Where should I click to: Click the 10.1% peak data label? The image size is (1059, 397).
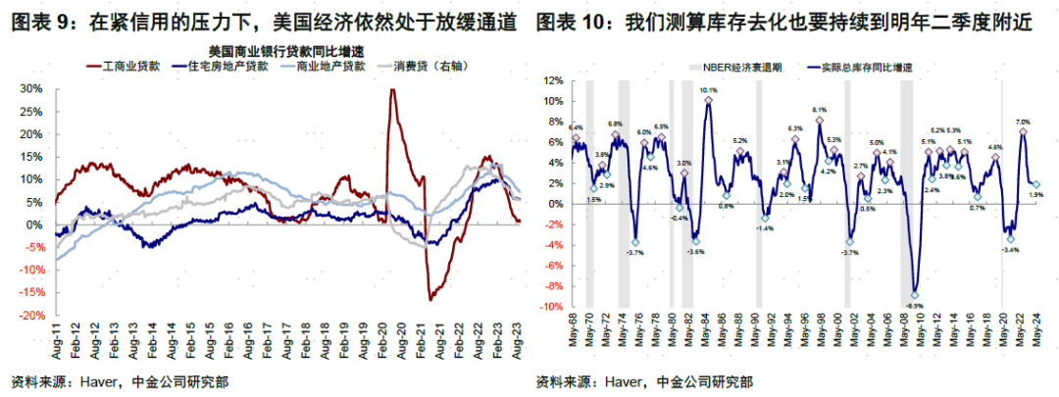click(x=709, y=90)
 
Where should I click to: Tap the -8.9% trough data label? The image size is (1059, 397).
click(x=914, y=305)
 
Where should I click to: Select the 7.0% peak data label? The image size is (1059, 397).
click(x=1023, y=122)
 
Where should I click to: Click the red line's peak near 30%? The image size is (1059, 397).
click(x=392, y=90)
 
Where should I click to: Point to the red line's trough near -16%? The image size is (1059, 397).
click(x=429, y=298)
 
